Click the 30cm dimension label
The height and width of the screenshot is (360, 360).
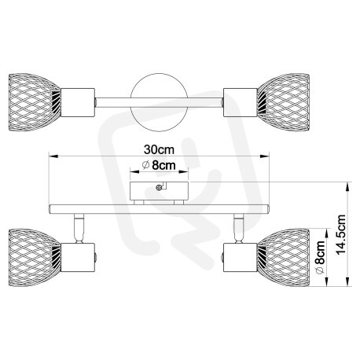(159, 149)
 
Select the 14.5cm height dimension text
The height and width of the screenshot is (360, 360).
(341, 234)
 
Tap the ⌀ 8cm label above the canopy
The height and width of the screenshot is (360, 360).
(159, 165)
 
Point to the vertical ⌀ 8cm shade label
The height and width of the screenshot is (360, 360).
(320, 257)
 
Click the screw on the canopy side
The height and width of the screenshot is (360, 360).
(159, 187)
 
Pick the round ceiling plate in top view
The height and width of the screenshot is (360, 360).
(159, 102)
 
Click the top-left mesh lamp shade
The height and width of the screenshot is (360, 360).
(35, 102)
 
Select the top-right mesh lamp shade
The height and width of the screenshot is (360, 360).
(284, 102)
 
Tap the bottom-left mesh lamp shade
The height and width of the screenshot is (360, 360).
(35, 257)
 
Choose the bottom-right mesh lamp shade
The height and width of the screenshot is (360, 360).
(284, 257)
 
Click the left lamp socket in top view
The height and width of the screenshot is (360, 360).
(78, 102)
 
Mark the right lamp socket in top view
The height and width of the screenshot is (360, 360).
(241, 102)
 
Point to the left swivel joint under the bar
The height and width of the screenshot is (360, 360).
(79, 228)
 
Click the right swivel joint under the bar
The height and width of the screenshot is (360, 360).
(239, 228)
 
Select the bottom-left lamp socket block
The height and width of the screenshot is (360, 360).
(78, 257)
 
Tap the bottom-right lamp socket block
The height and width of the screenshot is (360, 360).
(241, 257)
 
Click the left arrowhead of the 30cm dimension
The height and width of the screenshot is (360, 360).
(53, 156)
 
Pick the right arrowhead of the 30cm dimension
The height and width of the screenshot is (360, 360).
(265, 156)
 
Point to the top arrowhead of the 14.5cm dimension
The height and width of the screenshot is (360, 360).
(347, 186)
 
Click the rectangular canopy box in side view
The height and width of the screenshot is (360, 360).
(159, 191)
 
